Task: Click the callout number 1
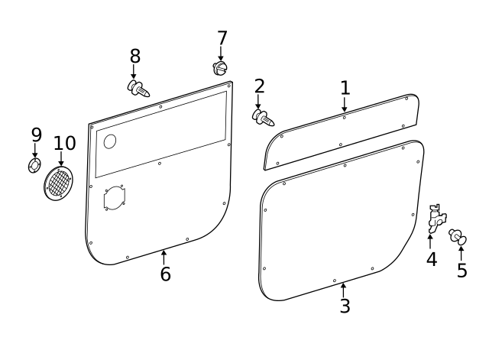(x=345, y=87)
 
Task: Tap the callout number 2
(x=259, y=86)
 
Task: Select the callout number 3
(x=345, y=306)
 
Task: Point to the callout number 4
(x=432, y=259)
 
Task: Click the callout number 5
(x=461, y=271)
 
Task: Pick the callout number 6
(x=165, y=274)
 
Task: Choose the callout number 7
(x=222, y=38)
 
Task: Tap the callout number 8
(x=134, y=56)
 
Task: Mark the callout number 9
(x=36, y=135)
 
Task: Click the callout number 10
(x=65, y=143)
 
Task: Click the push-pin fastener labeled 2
(x=264, y=118)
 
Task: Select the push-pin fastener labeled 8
(x=138, y=89)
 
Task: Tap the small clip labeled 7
(x=221, y=69)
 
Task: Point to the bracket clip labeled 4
(x=436, y=219)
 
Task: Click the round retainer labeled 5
(x=458, y=237)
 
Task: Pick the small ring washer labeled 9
(x=34, y=166)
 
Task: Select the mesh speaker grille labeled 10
(x=60, y=184)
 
